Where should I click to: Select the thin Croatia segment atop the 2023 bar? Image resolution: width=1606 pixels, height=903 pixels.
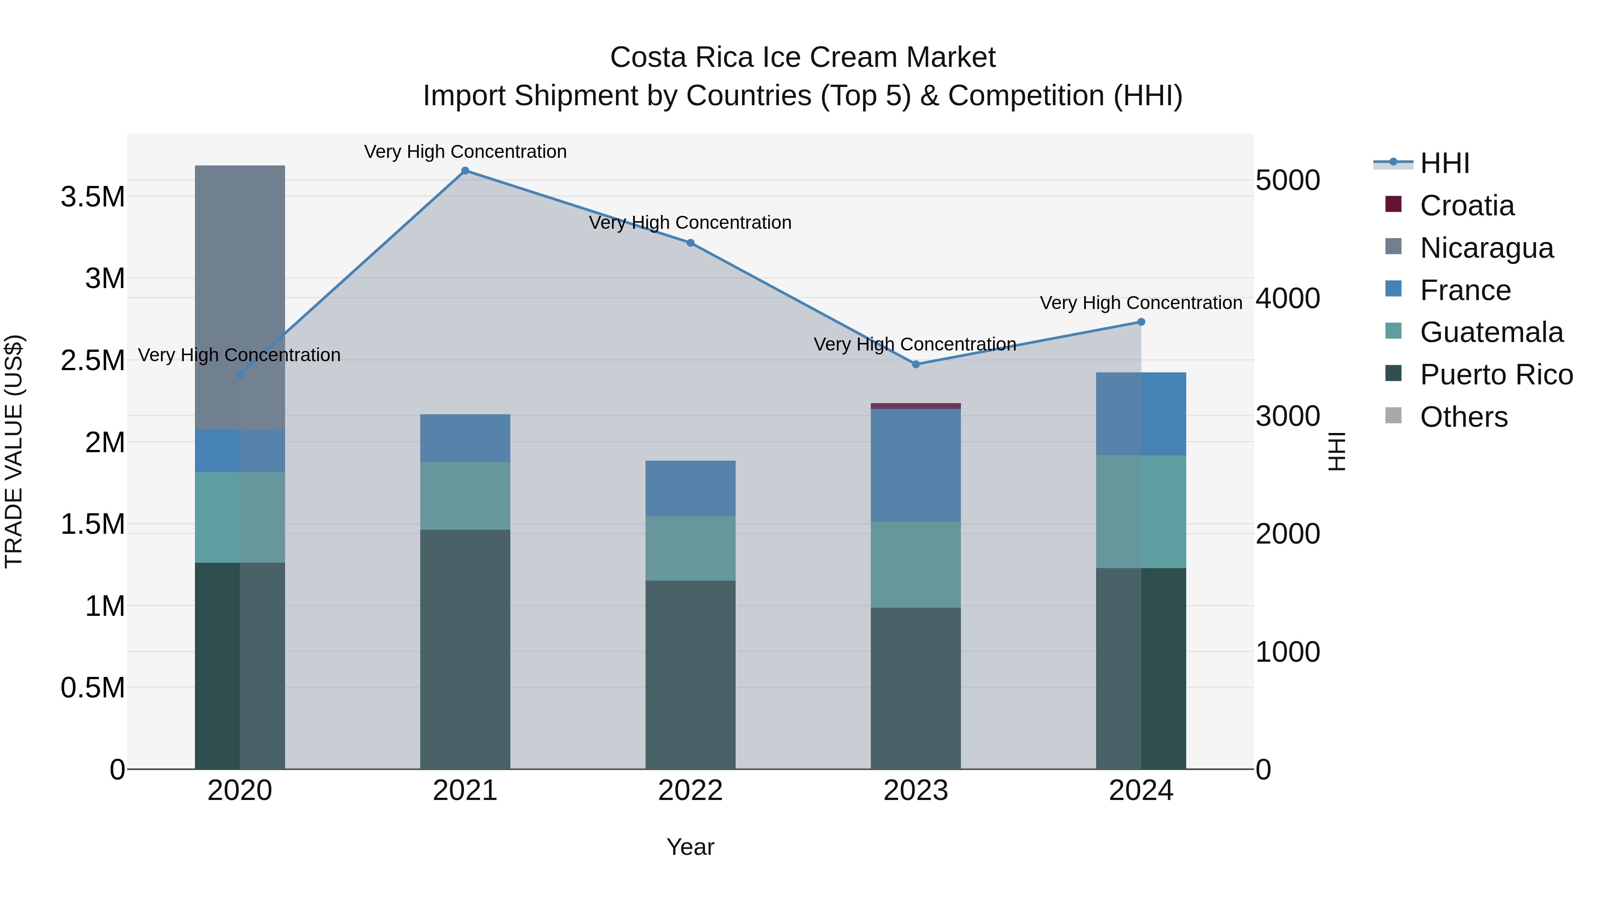(x=915, y=406)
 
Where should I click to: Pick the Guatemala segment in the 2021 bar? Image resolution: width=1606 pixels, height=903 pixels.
(x=465, y=495)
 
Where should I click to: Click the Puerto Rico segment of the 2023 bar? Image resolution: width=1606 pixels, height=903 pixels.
(x=915, y=688)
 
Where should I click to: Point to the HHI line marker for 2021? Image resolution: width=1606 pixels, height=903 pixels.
(x=465, y=171)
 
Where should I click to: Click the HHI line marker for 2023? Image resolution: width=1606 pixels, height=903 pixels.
(x=916, y=364)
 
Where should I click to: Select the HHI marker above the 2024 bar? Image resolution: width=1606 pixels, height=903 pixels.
(x=1141, y=322)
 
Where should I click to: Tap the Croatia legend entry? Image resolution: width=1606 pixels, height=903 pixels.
(x=1466, y=206)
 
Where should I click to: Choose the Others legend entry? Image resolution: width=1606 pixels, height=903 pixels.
(x=1463, y=417)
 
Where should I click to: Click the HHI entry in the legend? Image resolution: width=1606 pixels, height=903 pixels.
(x=1445, y=163)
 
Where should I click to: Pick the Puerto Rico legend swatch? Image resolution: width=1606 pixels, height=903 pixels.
(x=1393, y=374)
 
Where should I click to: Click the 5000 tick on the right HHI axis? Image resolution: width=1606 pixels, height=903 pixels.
(x=1287, y=180)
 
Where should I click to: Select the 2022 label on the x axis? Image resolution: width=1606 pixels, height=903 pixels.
(x=690, y=791)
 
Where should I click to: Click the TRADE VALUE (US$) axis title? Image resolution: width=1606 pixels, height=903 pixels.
(x=14, y=451)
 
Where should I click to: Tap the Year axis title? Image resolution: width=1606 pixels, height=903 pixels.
(x=690, y=847)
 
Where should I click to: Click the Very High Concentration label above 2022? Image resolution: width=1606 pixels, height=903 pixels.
(x=690, y=223)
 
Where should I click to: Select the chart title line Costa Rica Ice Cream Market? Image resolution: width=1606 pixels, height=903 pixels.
(x=803, y=58)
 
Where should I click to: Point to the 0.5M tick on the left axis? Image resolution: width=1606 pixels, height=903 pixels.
(x=93, y=688)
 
